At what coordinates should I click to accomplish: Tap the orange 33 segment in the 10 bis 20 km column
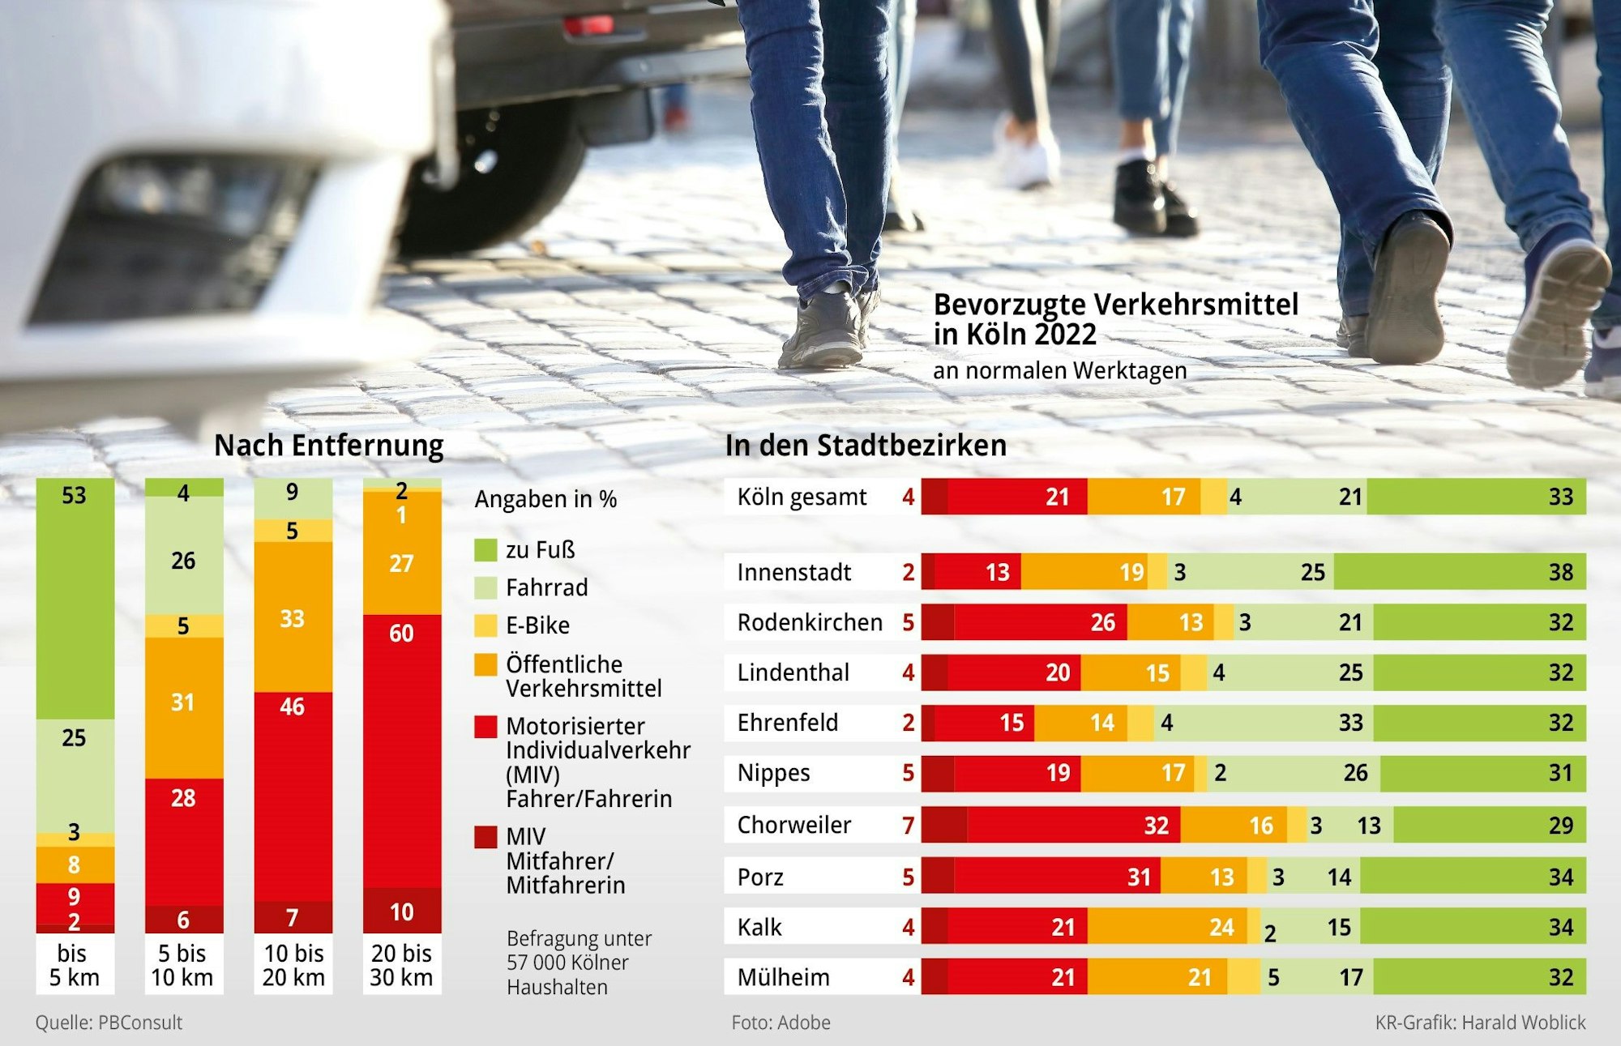click(x=293, y=617)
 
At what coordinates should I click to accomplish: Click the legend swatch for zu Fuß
click(x=485, y=550)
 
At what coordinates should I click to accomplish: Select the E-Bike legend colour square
click(x=485, y=625)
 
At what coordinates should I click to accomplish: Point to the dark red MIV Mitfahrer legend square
click(x=485, y=836)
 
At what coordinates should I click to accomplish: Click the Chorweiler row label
click(x=793, y=825)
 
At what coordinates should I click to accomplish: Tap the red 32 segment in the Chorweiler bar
click(x=1073, y=825)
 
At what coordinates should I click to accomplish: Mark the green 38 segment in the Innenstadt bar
click(x=1459, y=572)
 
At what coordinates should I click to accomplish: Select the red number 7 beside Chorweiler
click(x=908, y=825)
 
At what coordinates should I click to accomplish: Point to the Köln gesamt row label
click(x=802, y=497)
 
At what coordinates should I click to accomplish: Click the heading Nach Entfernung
click(x=328, y=446)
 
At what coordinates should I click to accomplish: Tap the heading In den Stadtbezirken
click(x=866, y=446)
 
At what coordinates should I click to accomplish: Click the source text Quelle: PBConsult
click(x=109, y=1023)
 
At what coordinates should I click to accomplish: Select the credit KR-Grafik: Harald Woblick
click(x=1480, y=1023)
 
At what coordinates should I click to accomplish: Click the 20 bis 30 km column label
click(x=401, y=965)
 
